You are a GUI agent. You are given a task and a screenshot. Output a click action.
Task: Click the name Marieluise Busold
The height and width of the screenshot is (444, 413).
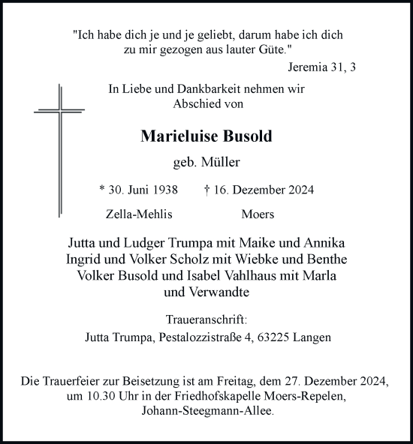pyautogui.click(x=206, y=136)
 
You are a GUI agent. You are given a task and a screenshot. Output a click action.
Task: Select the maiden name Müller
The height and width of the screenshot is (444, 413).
pyautogui.click(x=223, y=160)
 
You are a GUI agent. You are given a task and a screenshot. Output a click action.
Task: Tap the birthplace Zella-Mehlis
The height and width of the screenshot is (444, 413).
pyautogui.click(x=140, y=214)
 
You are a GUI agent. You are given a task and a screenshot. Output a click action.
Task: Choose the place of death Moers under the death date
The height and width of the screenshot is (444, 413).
pyautogui.click(x=258, y=214)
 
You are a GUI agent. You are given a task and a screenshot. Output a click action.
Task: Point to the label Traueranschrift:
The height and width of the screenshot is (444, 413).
pyautogui.click(x=206, y=319)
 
